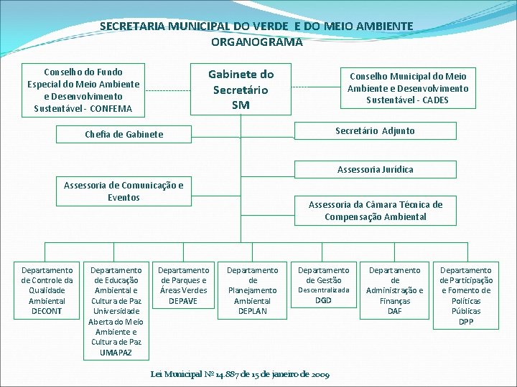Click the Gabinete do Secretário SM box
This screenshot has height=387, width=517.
click(241, 90)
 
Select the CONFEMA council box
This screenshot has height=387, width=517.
click(83, 90)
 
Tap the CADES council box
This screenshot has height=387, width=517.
click(407, 87)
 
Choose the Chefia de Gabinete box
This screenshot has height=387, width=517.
click(124, 134)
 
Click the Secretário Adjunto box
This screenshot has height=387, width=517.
click(375, 130)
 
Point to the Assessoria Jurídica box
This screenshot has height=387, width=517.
click(375, 170)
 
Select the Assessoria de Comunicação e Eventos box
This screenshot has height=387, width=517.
click(124, 191)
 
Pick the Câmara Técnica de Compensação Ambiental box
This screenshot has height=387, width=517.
click(375, 210)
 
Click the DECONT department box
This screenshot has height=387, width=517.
click(47, 290)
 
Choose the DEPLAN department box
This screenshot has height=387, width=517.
click(252, 290)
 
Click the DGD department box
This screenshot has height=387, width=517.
click(323, 285)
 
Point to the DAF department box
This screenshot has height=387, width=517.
click(394, 290)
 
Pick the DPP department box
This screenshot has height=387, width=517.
click(466, 295)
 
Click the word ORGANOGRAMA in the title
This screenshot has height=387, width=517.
click(256, 42)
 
